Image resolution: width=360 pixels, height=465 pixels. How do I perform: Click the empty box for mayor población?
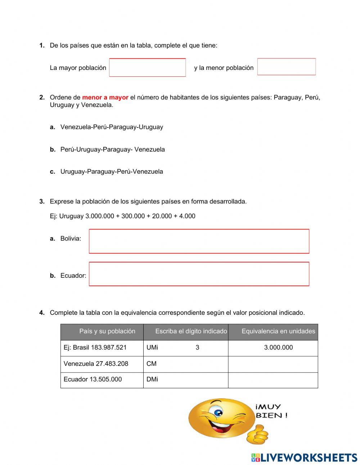(x=147, y=67)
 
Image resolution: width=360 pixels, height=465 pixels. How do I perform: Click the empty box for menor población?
(x=286, y=67)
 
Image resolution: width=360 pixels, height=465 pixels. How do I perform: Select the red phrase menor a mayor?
(x=105, y=97)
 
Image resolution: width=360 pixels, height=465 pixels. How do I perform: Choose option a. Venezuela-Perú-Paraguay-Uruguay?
(x=111, y=127)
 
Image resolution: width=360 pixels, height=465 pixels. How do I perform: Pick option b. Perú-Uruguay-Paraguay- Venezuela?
(x=112, y=149)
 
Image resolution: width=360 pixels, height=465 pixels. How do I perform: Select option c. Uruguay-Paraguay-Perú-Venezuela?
(x=111, y=171)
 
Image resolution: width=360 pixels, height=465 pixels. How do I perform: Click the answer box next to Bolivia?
(x=199, y=241)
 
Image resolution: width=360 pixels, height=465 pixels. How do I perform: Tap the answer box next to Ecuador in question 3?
(x=199, y=274)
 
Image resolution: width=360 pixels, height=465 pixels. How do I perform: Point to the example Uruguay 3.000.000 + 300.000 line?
(x=122, y=216)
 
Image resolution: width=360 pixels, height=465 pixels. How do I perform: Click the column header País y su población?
(x=107, y=331)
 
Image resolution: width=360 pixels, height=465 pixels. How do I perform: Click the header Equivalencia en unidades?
(x=278, y=331)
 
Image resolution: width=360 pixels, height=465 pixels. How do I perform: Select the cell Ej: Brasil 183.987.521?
(x=95, y=348)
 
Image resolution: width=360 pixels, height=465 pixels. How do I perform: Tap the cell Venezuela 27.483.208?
(x=96, y=363)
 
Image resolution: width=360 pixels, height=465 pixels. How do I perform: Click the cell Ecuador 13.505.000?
(x=93, y=379)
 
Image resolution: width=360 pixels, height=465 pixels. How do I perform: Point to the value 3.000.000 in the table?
(x=278, y=348)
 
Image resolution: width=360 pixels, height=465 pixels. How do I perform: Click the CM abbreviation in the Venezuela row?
(x=152, y=363)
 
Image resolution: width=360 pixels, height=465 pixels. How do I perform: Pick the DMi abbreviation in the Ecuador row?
(x=152, y=379)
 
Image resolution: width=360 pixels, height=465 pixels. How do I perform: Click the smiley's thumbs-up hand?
(x=257, y=434)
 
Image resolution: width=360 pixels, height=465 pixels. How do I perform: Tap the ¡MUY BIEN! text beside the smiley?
(x=271, y=411)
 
